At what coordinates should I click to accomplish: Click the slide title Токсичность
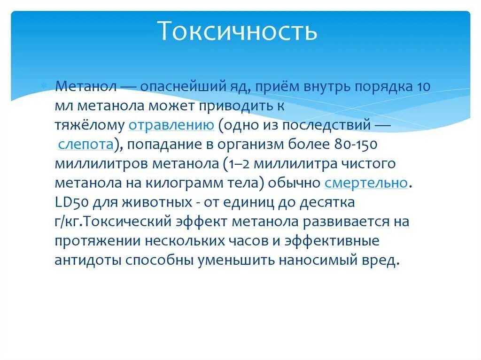point(237,31)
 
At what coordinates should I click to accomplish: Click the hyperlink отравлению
point(171,125)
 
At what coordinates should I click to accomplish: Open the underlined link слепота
point(86,145)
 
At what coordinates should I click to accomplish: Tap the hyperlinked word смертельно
point(366,183)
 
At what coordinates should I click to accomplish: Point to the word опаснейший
point(166,87)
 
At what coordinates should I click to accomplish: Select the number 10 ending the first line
point(422,87)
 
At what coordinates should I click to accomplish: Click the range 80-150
point(356,145)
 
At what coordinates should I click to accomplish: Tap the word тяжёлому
point(89,125)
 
